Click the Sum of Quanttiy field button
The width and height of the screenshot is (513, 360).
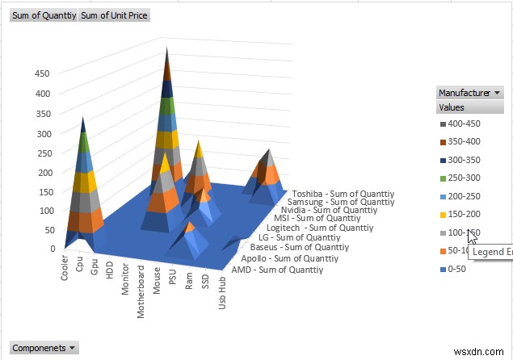pyautogui.click(x=44, y=15)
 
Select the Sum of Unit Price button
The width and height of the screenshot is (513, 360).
pyautogui.click(x=115, y=15)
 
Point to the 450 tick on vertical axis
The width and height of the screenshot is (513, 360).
pyautogui.click(x=40, y=73)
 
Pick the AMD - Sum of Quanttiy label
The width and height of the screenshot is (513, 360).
pyautogui.click(x=277, y=270)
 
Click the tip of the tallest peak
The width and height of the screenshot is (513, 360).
pyautogui.click(x=167, y=48)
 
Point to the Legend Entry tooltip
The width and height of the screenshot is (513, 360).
pyautogui.click(x=492, y=252)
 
